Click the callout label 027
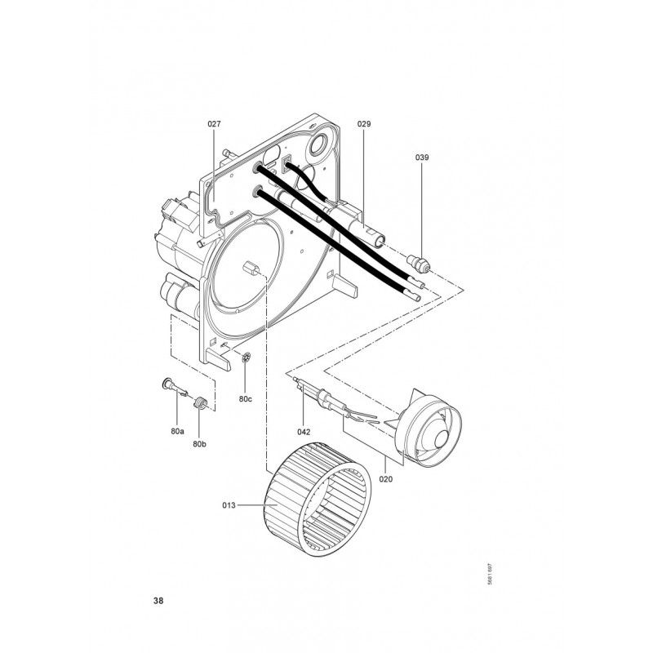click(214, 124)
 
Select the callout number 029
click(363, 124)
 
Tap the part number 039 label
click(421, 158)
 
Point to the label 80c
click(246, 399)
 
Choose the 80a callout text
click(177, 432)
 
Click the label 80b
click(199, 444)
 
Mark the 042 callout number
click(304, 432)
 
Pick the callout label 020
click(385, 479)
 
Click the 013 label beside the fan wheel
click(229, 505)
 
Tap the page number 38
click(158, 601)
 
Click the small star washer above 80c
click(247, 357)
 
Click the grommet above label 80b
click(200, 403)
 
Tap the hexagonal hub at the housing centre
click(251, 267)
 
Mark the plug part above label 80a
click(175, 386)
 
